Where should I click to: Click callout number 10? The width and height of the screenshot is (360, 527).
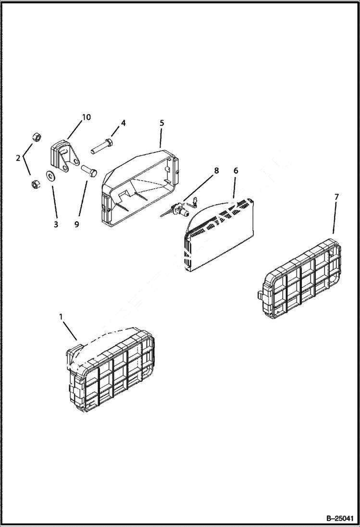pos(86,117)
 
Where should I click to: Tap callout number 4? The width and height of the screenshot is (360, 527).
pos(123,123)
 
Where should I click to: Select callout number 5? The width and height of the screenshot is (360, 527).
pos(161,123)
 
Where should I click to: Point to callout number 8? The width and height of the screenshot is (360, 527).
pos(216,171)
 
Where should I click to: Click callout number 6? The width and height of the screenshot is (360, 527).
pos(236,171)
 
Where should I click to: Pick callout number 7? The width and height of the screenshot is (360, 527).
pos(336,197)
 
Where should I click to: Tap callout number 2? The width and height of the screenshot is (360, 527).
pos(18,158)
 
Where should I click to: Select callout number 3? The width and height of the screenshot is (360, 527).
pos(56,224)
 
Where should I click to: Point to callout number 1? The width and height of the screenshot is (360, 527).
pos(61,317)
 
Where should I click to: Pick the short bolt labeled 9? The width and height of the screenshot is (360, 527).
pos(88,170)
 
